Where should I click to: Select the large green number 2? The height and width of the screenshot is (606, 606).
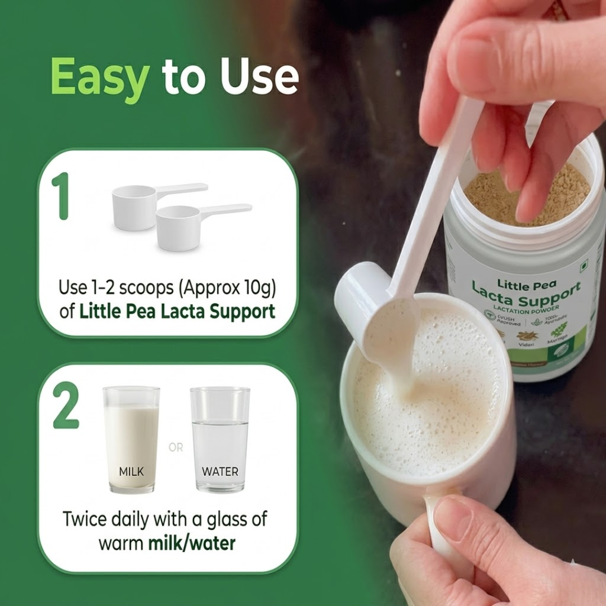coord(65,407)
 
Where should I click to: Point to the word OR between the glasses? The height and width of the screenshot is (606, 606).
coord(176,448)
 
